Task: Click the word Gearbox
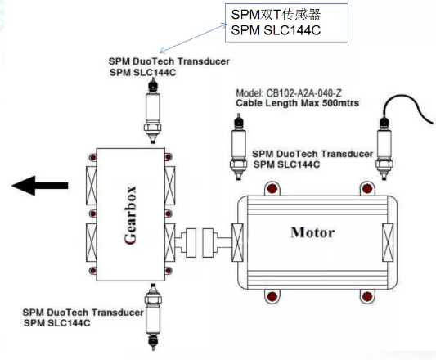130,215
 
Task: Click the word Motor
312,232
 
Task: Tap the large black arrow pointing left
40,186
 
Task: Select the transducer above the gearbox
153,110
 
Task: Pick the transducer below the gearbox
153,317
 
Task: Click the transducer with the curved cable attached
384,149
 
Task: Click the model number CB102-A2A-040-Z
289,93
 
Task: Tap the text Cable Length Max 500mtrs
297,103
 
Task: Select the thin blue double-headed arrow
193,38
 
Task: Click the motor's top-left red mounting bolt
272,188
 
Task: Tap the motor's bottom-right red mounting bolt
367,296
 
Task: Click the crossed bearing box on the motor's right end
388,243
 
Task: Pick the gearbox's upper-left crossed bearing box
91,186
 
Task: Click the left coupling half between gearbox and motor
191,243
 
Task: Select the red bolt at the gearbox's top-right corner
169,157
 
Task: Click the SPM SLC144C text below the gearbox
57,323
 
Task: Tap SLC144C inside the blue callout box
292,30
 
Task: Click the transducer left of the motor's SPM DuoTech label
238,146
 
